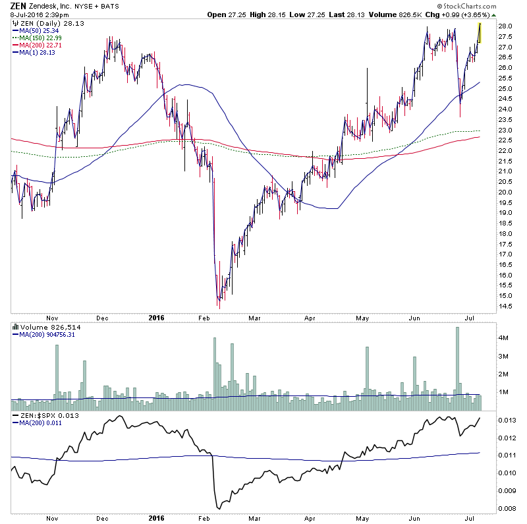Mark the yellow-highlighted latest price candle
click(x=480, y=33)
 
